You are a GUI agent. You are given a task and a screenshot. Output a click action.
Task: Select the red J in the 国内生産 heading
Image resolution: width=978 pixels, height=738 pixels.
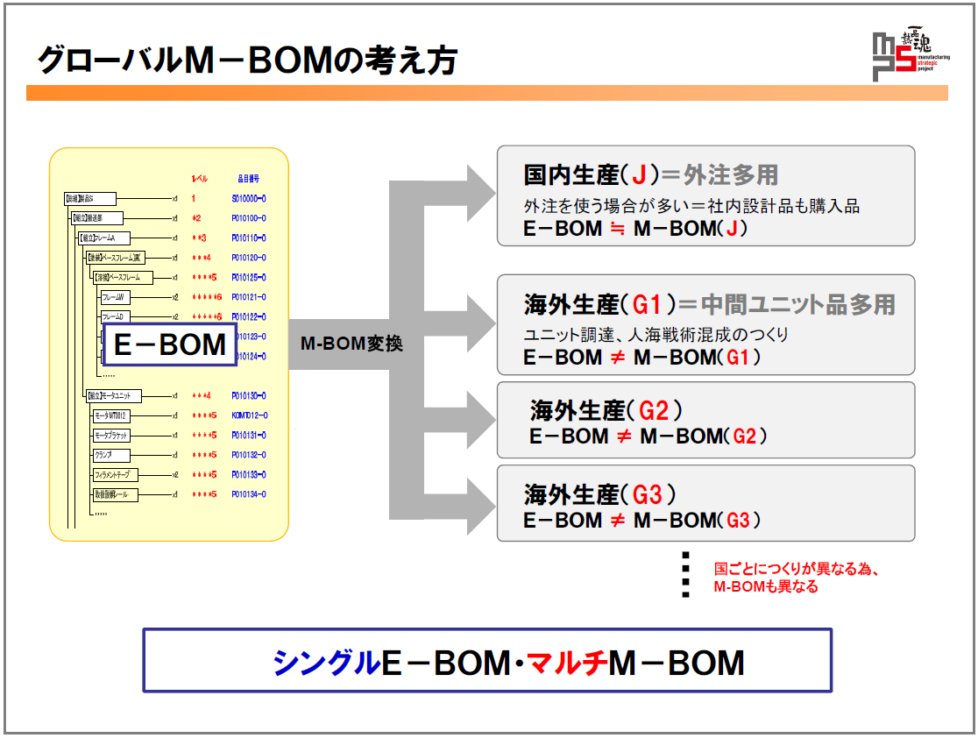coord(638,175)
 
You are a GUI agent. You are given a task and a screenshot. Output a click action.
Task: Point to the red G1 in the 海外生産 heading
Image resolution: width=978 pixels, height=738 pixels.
coord(651,305)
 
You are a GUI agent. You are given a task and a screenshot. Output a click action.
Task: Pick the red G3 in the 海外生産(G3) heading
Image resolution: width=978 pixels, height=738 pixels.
coord(647,494)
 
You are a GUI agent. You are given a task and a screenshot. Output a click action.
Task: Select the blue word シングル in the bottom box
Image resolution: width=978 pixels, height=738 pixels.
coord(326,663)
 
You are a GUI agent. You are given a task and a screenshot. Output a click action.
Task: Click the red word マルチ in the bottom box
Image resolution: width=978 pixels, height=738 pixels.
coord(566,663)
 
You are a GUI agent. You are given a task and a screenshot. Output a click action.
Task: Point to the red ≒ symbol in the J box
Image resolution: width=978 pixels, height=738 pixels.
coord(618,230)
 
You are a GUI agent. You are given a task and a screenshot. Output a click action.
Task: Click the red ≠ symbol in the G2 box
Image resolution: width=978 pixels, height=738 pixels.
coord(623,436)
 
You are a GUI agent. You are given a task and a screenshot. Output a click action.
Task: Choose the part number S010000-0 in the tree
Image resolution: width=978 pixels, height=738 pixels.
coord(249,199)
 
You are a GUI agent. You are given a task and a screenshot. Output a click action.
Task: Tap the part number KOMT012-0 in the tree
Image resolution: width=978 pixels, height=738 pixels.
coord(250,415)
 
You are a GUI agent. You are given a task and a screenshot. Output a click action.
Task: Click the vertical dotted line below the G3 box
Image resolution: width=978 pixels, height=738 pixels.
coord(685,575)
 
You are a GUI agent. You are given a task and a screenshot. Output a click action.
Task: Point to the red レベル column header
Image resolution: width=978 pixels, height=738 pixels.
coord(199,178)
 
